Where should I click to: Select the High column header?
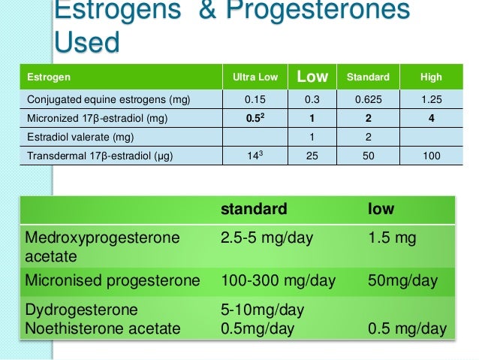pos(431,77)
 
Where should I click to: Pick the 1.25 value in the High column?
pos(431,99)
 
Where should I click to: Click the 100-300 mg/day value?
pos(277,281)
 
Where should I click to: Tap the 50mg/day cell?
pos(402,281)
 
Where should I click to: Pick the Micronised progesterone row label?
pos(113,281)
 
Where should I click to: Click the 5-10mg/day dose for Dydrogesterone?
pos(261,310)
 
